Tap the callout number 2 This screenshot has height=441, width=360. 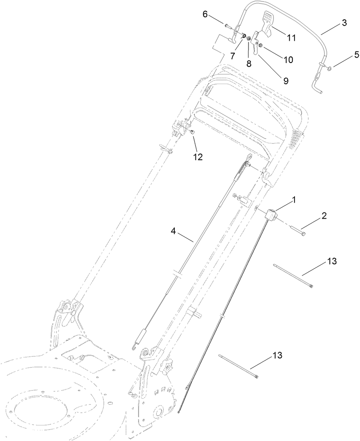(x=324, y=216)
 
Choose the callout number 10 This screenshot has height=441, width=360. (x=288, y=59)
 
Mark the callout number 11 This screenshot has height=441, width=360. (x=291, y=37)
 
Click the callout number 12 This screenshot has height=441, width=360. (x=198, y=157)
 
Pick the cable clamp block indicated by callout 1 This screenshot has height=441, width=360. (x=270, y=215)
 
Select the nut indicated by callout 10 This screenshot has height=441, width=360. (x=260, y=45)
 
